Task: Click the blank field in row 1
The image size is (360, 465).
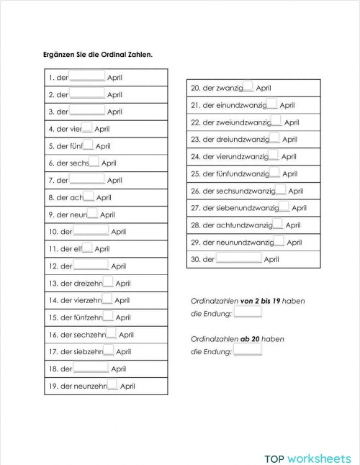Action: [88, 77]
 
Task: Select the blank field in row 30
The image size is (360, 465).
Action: [239, 258]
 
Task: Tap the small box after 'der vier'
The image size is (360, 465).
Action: [86, 128]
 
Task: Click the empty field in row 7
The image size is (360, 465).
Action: [88, 179]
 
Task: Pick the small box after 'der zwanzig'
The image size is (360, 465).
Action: [248, 87]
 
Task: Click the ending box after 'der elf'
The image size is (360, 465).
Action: [86, 248]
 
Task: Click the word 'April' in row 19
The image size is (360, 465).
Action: [127, 386]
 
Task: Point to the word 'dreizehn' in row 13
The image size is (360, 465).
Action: [87, 283]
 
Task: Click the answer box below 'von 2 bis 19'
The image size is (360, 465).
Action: [248, 313]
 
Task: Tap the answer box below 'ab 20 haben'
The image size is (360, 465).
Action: [248, 351]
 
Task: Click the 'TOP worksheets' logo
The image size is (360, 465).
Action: [307, 438]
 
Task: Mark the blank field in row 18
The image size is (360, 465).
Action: [91, 369]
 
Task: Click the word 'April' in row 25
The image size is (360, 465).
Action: [289, 173]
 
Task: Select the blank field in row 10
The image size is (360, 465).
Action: [91, 231]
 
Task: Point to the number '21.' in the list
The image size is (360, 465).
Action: [195, 105]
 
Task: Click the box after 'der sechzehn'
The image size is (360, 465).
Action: [111, 334]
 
